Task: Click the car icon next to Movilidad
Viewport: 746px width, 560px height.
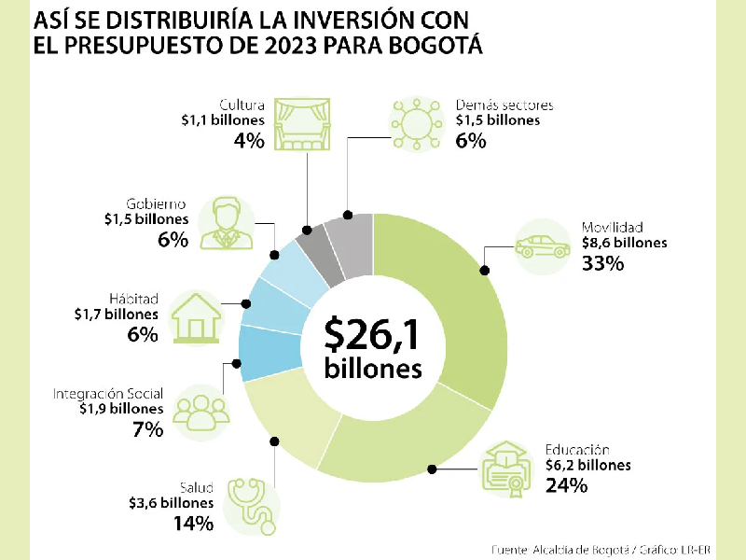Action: pos(542,246)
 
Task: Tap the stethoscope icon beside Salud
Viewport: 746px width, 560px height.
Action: pos(254,505)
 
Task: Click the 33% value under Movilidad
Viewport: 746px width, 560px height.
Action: pos(601,263)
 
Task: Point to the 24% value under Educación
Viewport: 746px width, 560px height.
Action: pos(566,485)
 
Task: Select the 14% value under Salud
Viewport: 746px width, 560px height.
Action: pos(194,523)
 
